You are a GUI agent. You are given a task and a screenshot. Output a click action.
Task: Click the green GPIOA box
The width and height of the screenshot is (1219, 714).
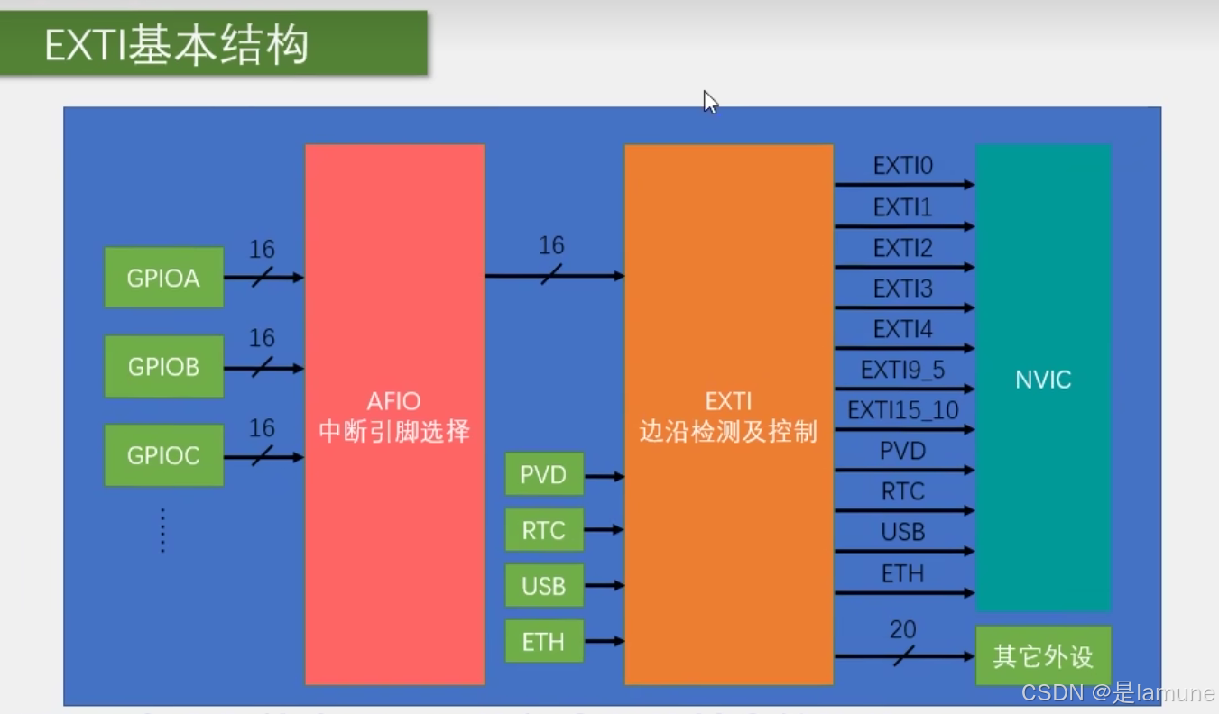pyautogui.click(x=163, y=278)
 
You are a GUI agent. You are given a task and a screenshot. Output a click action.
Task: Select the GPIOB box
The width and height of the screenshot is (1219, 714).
pyautogui.click(x=163, y=367)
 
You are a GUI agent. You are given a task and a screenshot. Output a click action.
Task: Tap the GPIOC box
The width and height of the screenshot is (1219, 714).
pyautogui.click(x=163, y=455)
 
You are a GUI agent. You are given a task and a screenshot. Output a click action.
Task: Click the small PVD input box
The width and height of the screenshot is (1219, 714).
pyautogui.click(x=543, y=475)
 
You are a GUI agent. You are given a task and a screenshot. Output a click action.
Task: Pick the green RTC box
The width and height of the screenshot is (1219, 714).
pyautogui.click(x=543, y=530)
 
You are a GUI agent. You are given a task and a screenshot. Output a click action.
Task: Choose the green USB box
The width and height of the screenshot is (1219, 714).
pyautogui.click(x=543, y=586)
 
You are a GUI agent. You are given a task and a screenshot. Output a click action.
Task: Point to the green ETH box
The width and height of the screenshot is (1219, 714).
pyautogui.click(x=543, y=642)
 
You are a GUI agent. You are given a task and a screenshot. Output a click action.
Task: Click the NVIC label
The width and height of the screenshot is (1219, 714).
pyautogui.click(x=1043, y=380)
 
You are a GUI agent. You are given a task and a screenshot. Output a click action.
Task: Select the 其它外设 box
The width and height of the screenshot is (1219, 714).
pyautogui.click(x=1043, y=656)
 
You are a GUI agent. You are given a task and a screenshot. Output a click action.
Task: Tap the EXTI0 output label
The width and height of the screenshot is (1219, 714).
pyautogui.click(x=902, y=167)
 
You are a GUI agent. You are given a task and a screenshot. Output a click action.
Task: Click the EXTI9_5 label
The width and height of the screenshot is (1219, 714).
pyautogui.click(x=902, y=370)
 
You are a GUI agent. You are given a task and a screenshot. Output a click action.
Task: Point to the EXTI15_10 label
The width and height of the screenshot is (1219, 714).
pyautogui.click(x=902, y=411)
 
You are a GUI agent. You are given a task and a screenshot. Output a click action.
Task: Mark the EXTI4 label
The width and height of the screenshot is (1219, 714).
pyautogui.click(x=902, y=329)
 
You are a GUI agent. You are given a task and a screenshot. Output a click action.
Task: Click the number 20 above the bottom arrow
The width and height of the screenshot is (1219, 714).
pyautogui.click(x=902, y=630)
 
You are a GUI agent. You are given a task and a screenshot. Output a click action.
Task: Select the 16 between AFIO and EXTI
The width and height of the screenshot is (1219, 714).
pyautogui.click(x=551, y=245)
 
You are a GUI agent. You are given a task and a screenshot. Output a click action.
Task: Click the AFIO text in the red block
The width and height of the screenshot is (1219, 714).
pyautogui.click(x=393, y=401)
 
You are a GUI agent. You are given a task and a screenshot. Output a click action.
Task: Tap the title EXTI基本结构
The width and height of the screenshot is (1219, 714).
pyautogui.click(x=177, y=45)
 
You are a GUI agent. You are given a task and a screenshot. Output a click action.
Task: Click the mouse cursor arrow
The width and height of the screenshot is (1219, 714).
pyautogui.click(x=710, y=101)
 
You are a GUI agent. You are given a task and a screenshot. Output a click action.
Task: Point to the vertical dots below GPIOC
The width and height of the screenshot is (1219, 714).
pyautogui.click(x=163, y=529)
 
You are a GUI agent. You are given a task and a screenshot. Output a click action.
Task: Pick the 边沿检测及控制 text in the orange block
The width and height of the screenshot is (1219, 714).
pyautogui.click(x=728, y=432)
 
